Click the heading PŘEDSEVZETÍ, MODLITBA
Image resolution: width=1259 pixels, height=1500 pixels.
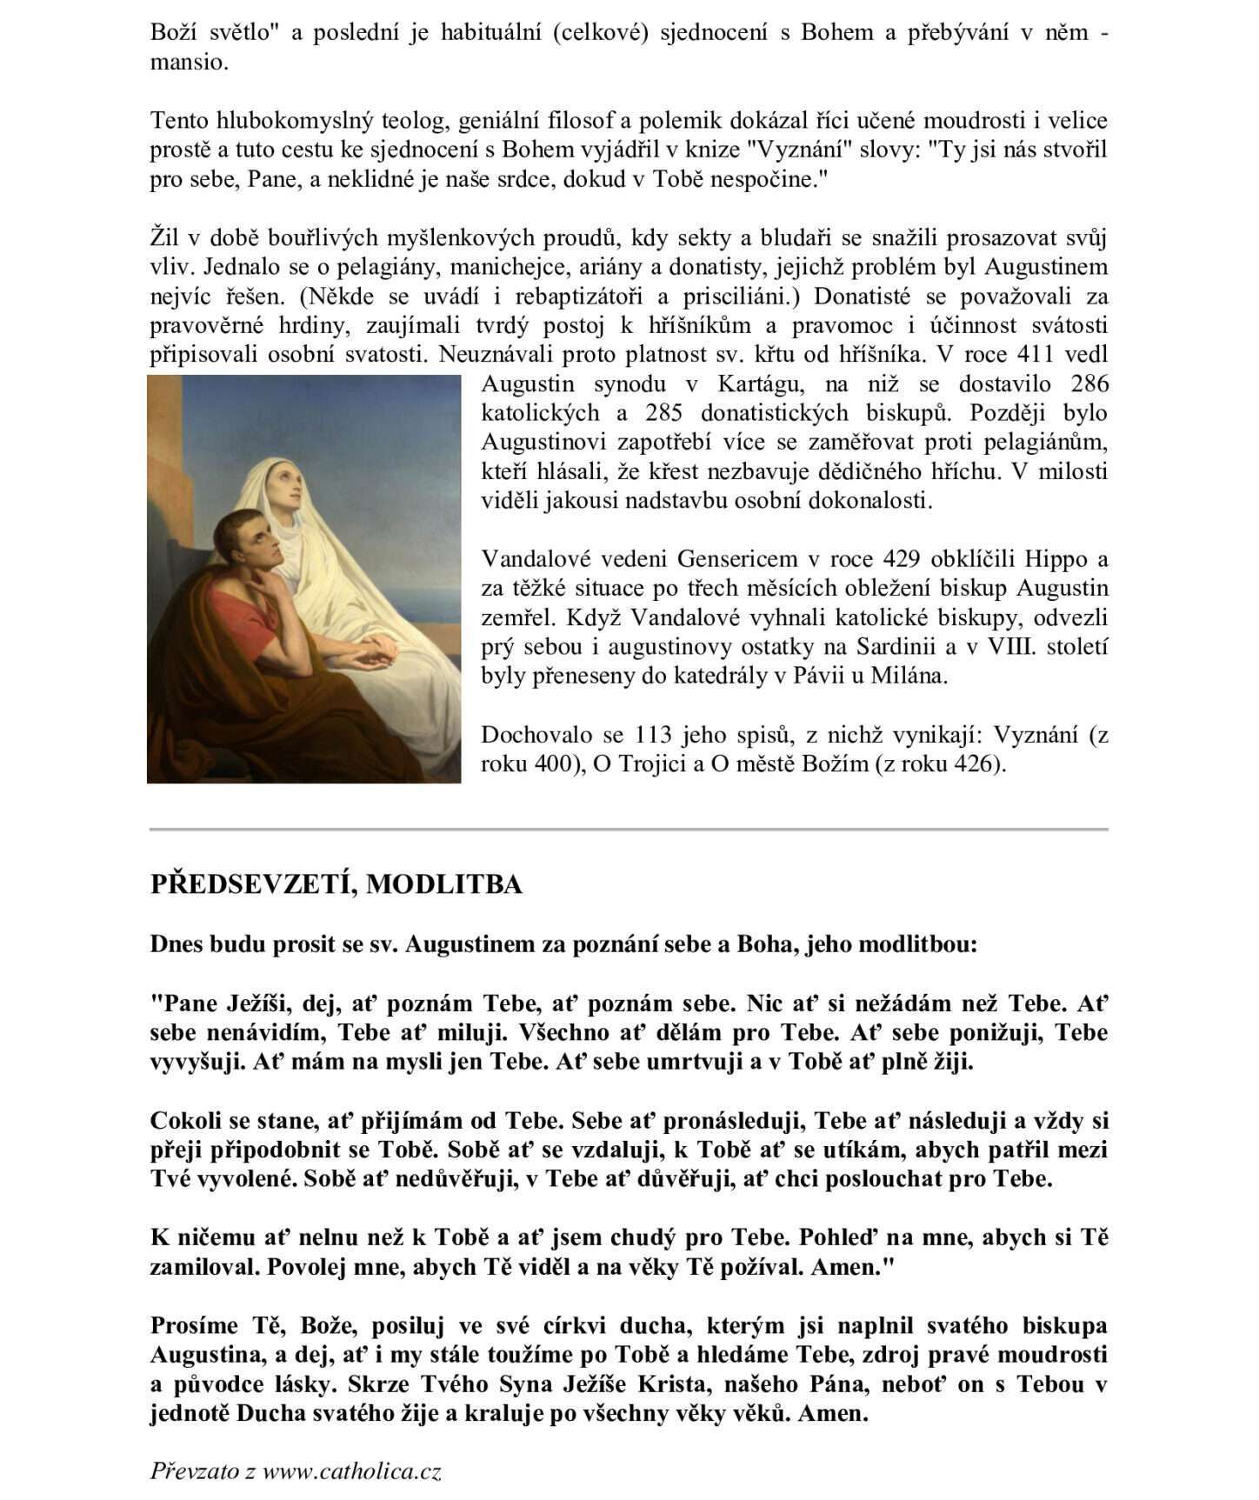[336, 884]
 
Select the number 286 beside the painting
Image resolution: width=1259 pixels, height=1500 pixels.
[1089, 384]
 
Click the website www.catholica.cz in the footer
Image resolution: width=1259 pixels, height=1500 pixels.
[351, 1471]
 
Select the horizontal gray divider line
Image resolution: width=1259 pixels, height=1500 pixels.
[629, 830]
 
